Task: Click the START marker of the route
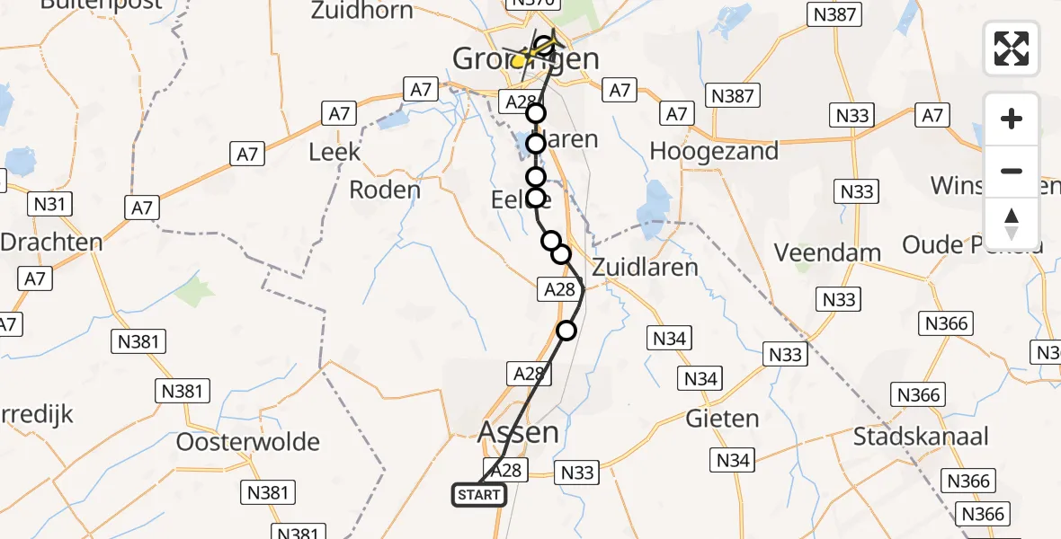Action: pyautogui.click(x=478, y=495)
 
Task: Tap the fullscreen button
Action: pyautogui.click(x=1012, y=49)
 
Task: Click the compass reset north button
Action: pyautogui.click(x=1012, y=224)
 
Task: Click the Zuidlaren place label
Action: pyautogui.click(x=645, y=267)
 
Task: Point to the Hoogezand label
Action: pyautogui.click(x=714, y=151)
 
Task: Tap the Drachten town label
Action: pyautogui.click(x=51, y=242)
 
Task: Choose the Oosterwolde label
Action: pyautogui.click(x=248, y=442)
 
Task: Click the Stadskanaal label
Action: pyautogui.click(x=921, y=437)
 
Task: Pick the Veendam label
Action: pyautogui.click(x=827, y=252)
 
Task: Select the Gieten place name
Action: pyautogui.click(x=722, y=419)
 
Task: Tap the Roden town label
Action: pyautogui.click(x=384, y=190)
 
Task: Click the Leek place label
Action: pyautogui.click(x=334, y=152)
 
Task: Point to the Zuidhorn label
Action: pyautogui.click(x=362, y=12)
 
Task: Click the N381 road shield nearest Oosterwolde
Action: pyautogui.click(x=267, y=491)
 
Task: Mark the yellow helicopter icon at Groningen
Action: pyautogui.click(x=522, y=59)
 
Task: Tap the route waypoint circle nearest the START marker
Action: pyautogui.click(x=566, y=331)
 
